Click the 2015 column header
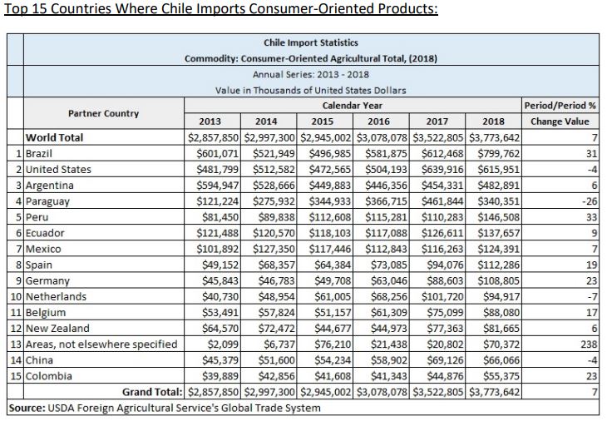(x=327, y=121)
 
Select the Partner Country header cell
(x=102, y=113)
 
